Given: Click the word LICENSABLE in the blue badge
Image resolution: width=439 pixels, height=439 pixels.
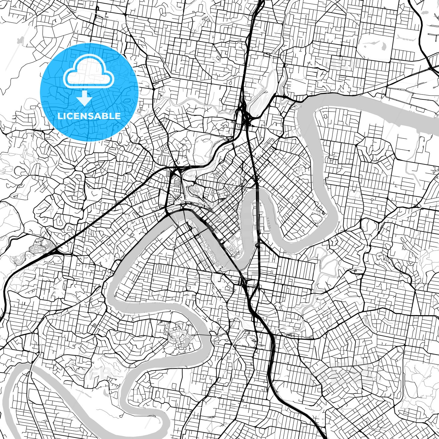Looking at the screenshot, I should tap(89, 116).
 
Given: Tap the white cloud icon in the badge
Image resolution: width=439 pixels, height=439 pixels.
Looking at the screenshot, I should tap(88, 75).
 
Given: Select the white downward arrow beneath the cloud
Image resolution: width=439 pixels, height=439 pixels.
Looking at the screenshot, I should tap(84, 98).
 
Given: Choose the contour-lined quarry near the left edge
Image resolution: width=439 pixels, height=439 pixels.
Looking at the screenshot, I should tap(38, 246).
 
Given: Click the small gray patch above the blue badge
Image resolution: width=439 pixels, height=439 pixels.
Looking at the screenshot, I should tap(20, 40).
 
